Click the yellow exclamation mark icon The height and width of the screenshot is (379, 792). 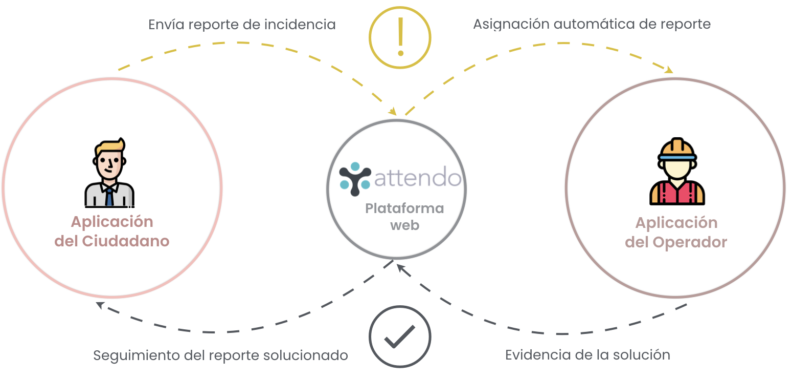pyautogui.click(x=400, y=37)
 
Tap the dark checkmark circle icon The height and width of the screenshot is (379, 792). pyautogui.click(x=400, y=336)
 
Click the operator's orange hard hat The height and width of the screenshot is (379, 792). pyautogui.click(x=677, y=148)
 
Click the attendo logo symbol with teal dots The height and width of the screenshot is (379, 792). pyautogui.click(x=355, y=179)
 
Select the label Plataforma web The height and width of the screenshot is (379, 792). pyautogui.click(x=404, y=217)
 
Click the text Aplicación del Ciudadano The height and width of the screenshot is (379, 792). pyautogui.click(x=112, y=231)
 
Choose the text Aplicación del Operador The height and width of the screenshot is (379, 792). pyautogui.click(x=676, y=232)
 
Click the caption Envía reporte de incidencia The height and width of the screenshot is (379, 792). pyautogui.click(x=242, y=24)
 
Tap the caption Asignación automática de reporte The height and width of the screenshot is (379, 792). pyautogui.click(x=592, y=24)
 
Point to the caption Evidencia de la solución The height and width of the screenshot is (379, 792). pyautogui.click(x=587, y=354)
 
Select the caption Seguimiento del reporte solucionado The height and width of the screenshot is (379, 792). pyautogui.click(x=220, y=355)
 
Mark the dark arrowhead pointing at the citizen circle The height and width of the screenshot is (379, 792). pyautogui.click(x=100, y=305)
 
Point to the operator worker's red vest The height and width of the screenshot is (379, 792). pyautogui.click(x=677, y=194)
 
